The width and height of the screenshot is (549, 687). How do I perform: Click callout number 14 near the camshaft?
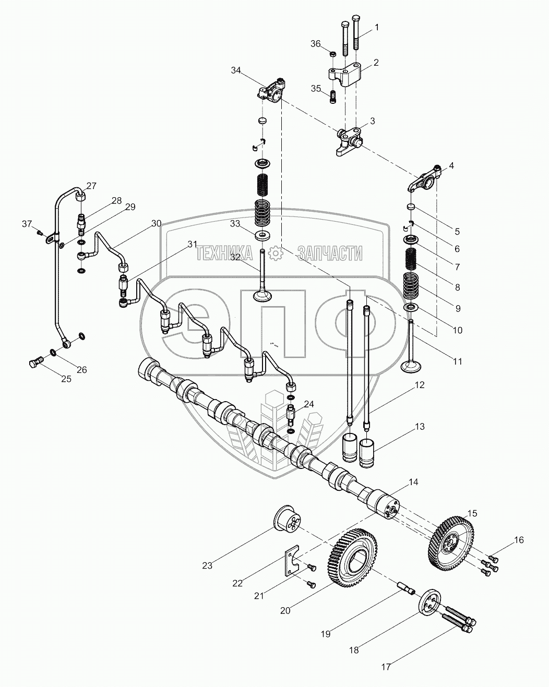[x=413, y=483]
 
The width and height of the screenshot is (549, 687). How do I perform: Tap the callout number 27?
[x=91, y=186]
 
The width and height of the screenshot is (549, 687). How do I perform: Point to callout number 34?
[x=236, y=71]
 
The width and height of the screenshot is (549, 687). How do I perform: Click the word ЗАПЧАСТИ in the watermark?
[x=329, y=254]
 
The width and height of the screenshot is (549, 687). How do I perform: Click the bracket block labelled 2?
[x=344, y=73]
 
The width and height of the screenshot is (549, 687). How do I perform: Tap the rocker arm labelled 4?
[x=424, y=179]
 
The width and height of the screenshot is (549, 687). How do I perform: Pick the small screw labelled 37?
[x=40, y=233]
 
